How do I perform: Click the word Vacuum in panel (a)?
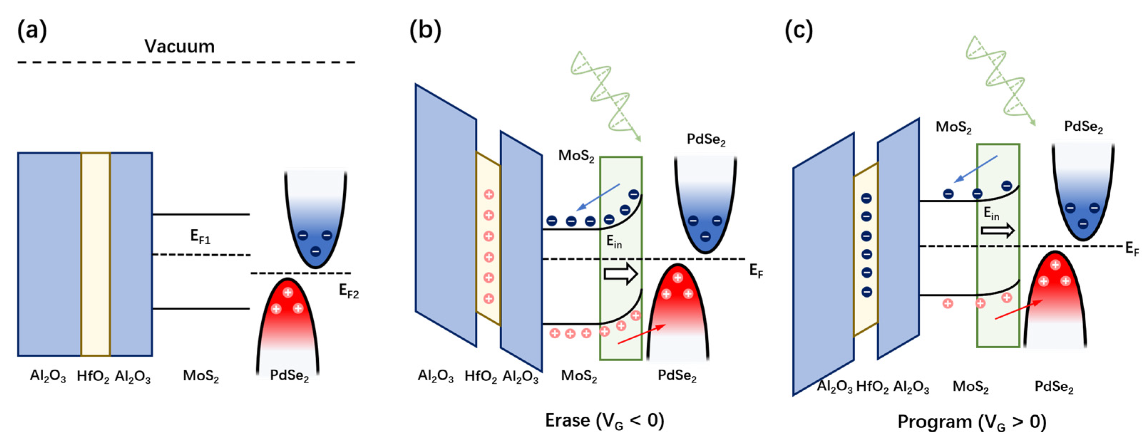(x=179, y=46)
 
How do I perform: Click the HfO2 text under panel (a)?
(x=93, y=376)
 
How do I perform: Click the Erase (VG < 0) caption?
(x=605, y=420)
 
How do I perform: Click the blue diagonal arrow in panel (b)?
(x=597, y=197)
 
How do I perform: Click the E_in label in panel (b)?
(x=614, y=241)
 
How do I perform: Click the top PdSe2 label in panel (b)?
(x=706, y=140)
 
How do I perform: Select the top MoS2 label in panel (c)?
(x=954, y=127)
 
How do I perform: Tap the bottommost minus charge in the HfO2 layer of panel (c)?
(x=866, y=292)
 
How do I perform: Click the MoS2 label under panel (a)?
(x=201, y=376)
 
